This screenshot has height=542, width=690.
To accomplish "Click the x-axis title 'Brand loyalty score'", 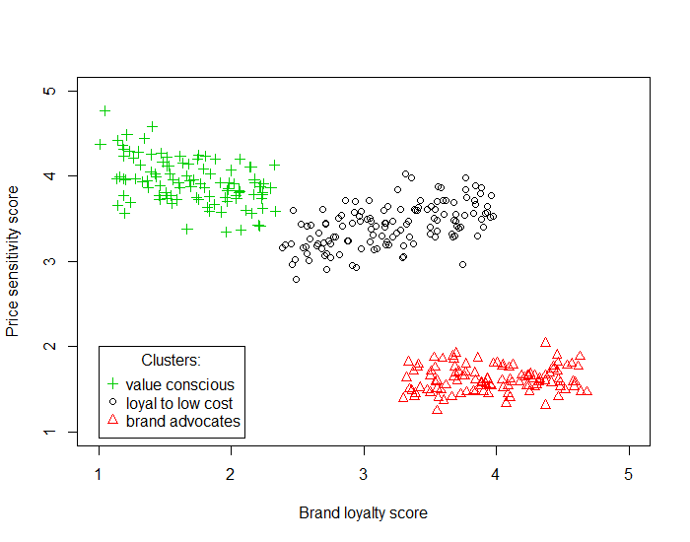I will pyautogui.click(x=363, y=513).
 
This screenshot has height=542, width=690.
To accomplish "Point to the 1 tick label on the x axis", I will pyautogui.click(x=99, y=474).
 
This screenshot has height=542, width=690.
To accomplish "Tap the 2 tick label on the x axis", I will pyautogui.click(x=231, y=474).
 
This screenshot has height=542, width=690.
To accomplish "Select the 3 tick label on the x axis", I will pyautogui.click(x=364, y=474).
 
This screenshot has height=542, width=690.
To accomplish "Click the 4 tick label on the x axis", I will pyautogui.click(x=496, y=474).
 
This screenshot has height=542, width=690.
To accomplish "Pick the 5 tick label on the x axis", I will pyautogui.click(x=628, y=474).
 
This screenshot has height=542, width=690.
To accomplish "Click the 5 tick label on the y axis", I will pyautogui.click(x=46, y=91).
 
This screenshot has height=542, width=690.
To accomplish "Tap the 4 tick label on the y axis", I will pyautogui.click(x=46, y=176).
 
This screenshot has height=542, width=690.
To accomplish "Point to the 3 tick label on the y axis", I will pyautogui.click(x=46, y=261).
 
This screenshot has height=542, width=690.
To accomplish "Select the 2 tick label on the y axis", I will pyautogui.click(x=46, y=347).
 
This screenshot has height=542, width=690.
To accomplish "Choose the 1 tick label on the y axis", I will pyautogui.click(x=46, y=432).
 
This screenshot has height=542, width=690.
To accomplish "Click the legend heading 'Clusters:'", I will pyautogui.click(x=172, y=361).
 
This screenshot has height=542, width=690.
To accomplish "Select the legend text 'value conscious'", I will pyautogui.click(x=180, y=384).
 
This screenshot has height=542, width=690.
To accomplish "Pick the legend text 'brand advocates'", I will pyautogui.click(x=182, y=422).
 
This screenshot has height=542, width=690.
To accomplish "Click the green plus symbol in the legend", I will pyautogui.click(x=112, y=384).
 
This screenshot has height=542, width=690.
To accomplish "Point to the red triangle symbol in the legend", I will pyautogui.click(x=112, y=421).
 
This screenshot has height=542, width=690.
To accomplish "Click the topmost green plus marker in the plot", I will pyautogui.click(x=105, y=110).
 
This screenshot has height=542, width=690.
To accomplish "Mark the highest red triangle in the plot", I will pyautogui.click(x=545, y=343).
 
